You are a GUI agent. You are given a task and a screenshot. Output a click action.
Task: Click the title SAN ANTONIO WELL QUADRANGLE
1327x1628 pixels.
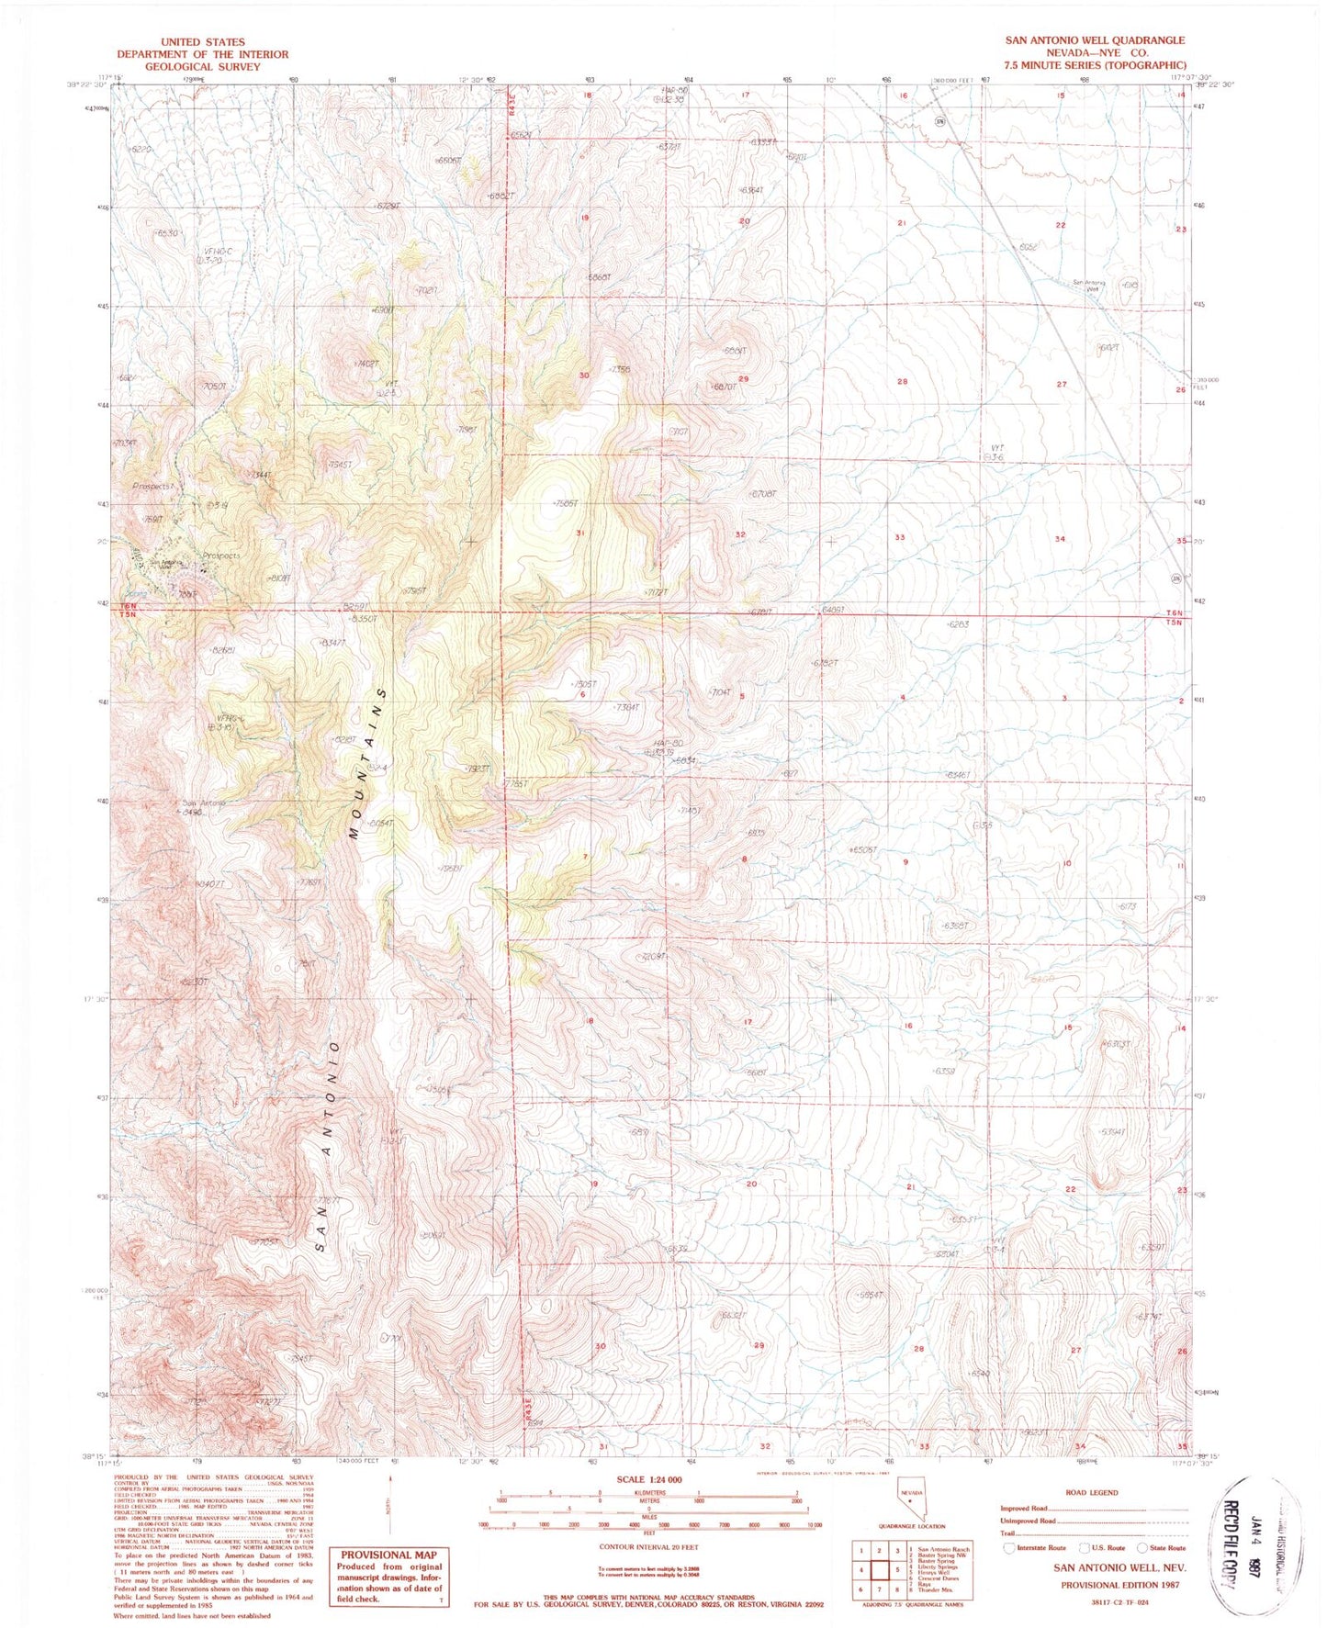[1094, 40]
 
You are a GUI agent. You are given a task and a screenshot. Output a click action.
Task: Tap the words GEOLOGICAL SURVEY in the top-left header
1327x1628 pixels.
[202, 67]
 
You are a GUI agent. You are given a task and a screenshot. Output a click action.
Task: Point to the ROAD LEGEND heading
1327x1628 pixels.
[1092, 1492]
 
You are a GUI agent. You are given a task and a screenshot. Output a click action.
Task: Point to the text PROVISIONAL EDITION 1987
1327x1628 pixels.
[1119, 1584]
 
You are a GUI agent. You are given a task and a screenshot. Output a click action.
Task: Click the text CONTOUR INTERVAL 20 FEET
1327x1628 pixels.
[644, 1546]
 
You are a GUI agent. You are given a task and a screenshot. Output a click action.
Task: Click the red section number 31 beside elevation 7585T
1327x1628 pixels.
[579, 533]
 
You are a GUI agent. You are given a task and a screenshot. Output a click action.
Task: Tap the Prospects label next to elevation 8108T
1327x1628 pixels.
[220, 556]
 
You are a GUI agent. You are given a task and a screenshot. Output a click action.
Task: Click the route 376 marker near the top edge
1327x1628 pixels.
[939, 120]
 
